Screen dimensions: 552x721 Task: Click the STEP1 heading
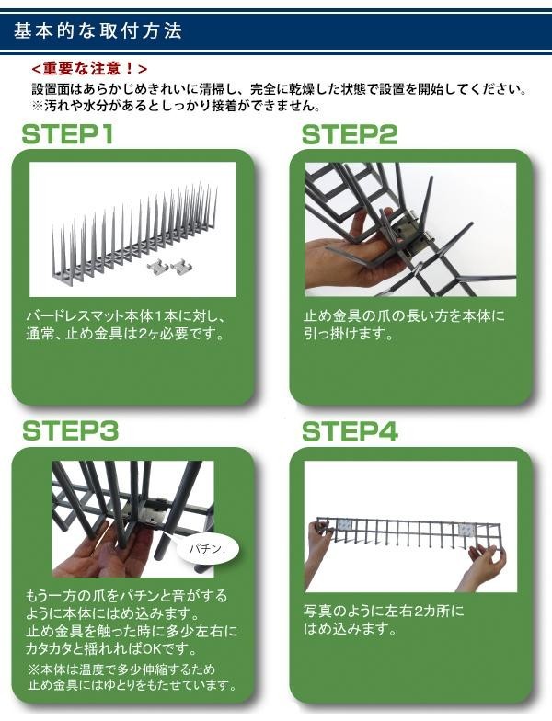point(67,134)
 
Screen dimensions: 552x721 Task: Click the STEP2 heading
point(350,134)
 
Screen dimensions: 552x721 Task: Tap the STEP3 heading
point(70,430)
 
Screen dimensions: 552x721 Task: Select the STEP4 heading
point(350,432)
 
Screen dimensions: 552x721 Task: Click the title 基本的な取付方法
point(98,31)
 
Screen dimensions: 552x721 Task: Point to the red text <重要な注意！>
point(90,68)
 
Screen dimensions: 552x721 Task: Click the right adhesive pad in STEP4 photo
point(468,531)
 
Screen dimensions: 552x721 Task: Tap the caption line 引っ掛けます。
point(350,333)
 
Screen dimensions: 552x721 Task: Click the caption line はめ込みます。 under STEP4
point(350,629)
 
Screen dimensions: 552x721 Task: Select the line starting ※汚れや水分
point(176,107)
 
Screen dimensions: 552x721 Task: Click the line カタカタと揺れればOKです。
point(112,648)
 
